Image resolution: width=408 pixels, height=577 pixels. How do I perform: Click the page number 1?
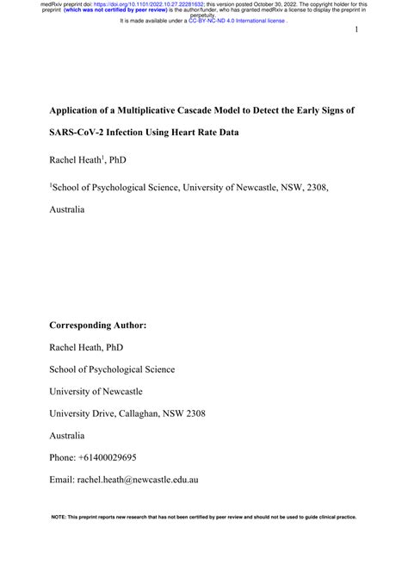(x=355, y=31)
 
